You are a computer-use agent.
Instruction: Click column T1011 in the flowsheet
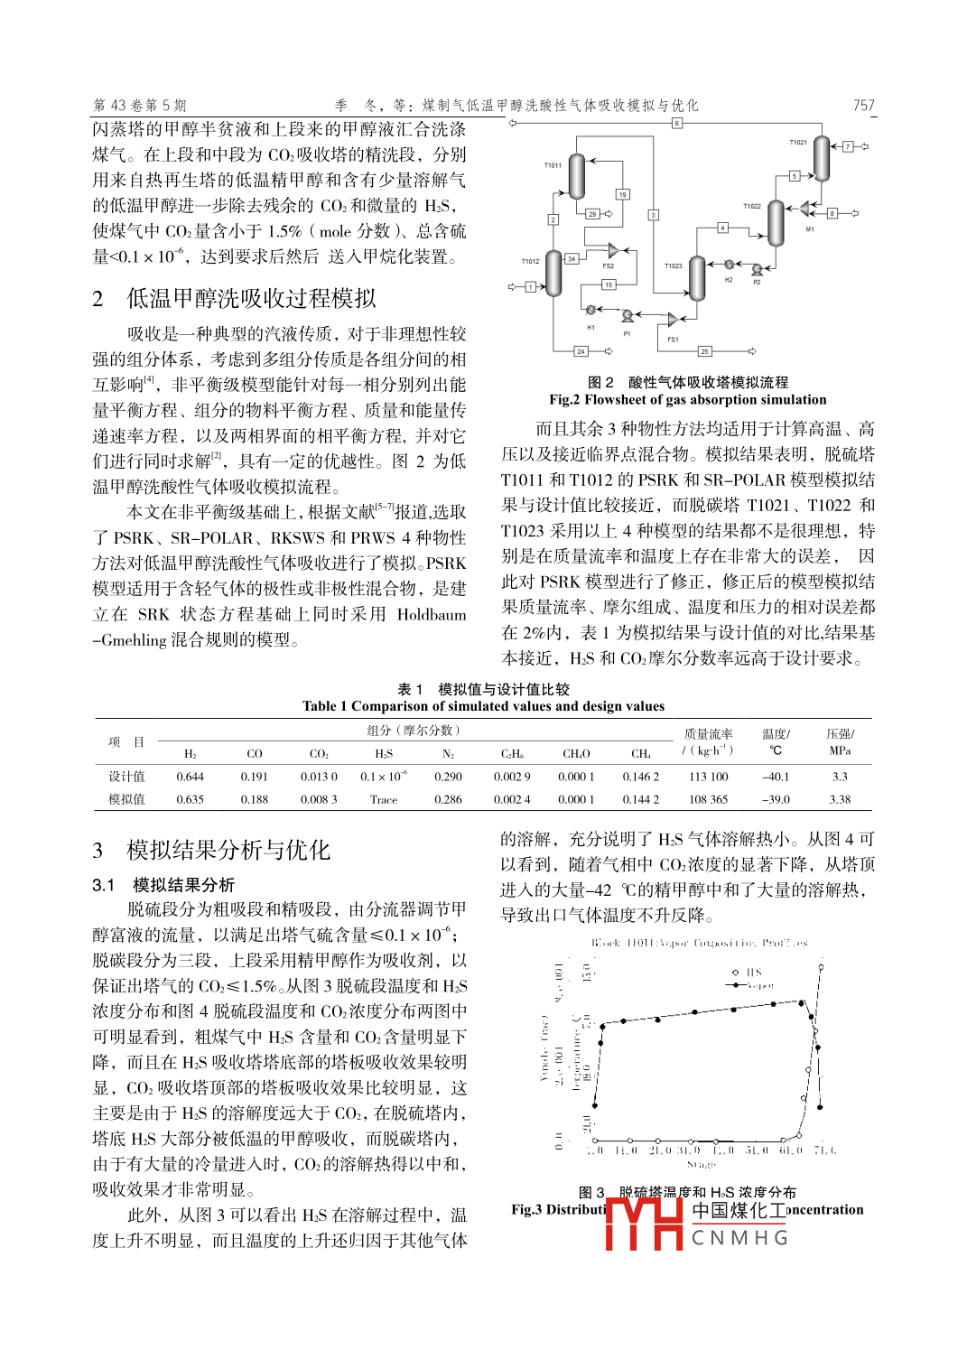point(577,175)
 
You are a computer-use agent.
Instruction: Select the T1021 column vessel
point(821,159)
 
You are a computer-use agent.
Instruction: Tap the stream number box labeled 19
point(622,194)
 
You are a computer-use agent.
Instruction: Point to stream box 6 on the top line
point(676,123)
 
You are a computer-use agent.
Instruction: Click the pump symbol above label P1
point(627,316)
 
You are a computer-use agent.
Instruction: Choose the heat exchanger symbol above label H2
point(729,265)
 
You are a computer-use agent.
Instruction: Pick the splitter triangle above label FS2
point(613,250)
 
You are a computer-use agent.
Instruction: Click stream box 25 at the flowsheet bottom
point(704,351)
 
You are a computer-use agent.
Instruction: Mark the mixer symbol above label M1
point(805,210)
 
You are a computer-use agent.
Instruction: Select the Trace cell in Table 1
point(383,799)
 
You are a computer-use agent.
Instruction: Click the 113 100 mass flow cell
point(708,777)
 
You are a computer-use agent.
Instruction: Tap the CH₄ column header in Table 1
point(640,754)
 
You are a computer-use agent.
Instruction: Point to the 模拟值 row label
point(126,799)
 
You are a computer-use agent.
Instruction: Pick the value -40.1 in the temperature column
point(775,777)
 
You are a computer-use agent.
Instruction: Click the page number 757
point(864,105)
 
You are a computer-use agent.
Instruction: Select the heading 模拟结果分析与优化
point(228,850)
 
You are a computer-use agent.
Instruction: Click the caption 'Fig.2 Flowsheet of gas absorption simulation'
point(687,400)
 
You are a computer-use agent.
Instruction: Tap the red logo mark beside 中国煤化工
point(644,1223)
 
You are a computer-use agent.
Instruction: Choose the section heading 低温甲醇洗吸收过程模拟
point(250,299)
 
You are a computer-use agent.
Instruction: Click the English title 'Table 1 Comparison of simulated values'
point(483,706)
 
